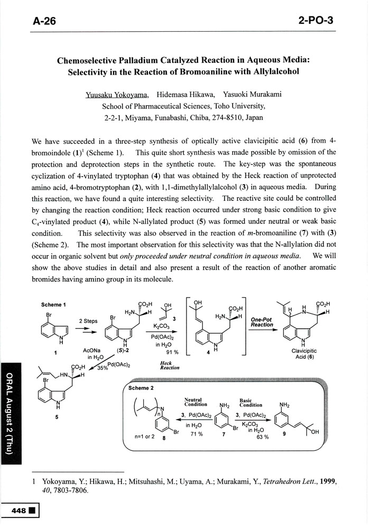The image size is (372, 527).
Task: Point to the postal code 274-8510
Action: tap(228, 117)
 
